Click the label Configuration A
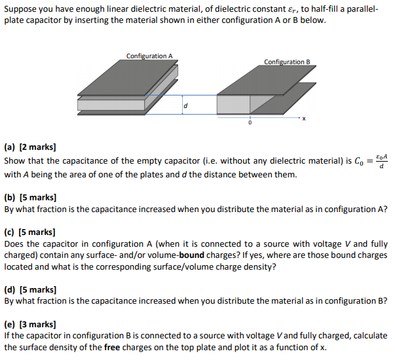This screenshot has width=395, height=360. pos(150,56)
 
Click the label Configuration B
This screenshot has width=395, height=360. pos(287,62)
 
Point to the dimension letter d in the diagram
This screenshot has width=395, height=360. pos(185,105)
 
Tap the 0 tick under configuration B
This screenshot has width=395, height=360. pos(250,122)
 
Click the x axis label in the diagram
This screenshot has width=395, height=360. pos(304,120)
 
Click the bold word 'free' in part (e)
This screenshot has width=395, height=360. pos(112,347)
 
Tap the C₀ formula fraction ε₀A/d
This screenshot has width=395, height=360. pos(383,160)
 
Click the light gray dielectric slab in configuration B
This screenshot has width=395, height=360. pos(235,103)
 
